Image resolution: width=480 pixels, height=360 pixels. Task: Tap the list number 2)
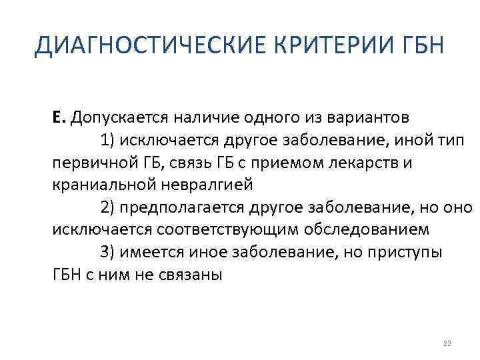pyautogui.click(x=109, y=207)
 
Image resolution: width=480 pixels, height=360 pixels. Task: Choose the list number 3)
pyautogui.click(x=109, y=253)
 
